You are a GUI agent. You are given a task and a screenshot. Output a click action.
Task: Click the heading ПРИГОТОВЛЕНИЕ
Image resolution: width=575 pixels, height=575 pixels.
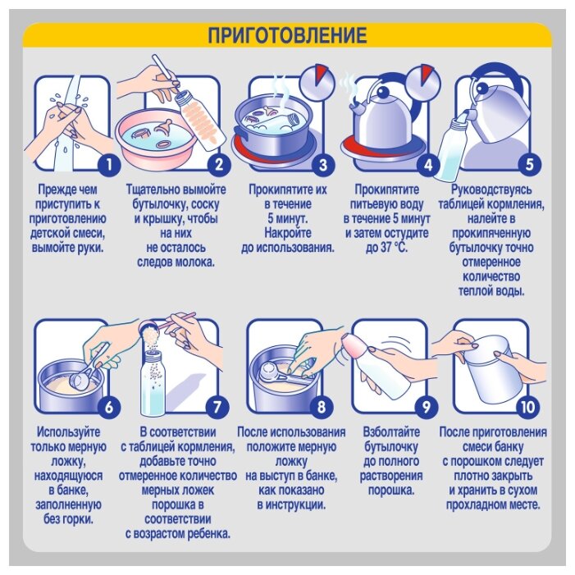click(x=287, y=35)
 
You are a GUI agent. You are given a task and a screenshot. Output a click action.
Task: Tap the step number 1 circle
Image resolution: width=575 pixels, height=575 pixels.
click(x=109, y=165)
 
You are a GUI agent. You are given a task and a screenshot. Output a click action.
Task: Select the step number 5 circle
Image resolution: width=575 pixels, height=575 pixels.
click(x=529, y=165)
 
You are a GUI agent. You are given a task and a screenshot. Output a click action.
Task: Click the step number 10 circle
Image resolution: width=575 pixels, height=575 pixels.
click(x=527, y=407)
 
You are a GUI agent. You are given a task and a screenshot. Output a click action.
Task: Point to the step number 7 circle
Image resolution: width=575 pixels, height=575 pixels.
click(x=217, y=407)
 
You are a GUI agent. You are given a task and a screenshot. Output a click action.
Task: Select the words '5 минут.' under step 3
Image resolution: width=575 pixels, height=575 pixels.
click(x=287, y=218)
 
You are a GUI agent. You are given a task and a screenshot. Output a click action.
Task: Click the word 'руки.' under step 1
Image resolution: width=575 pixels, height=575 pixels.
click(x=90, y=248)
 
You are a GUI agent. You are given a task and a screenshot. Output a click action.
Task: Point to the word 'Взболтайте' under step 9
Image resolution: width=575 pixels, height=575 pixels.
click(x=391, y=431)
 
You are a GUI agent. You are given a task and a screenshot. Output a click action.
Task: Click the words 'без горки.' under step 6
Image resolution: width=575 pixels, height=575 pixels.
click(x=68, y=519)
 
